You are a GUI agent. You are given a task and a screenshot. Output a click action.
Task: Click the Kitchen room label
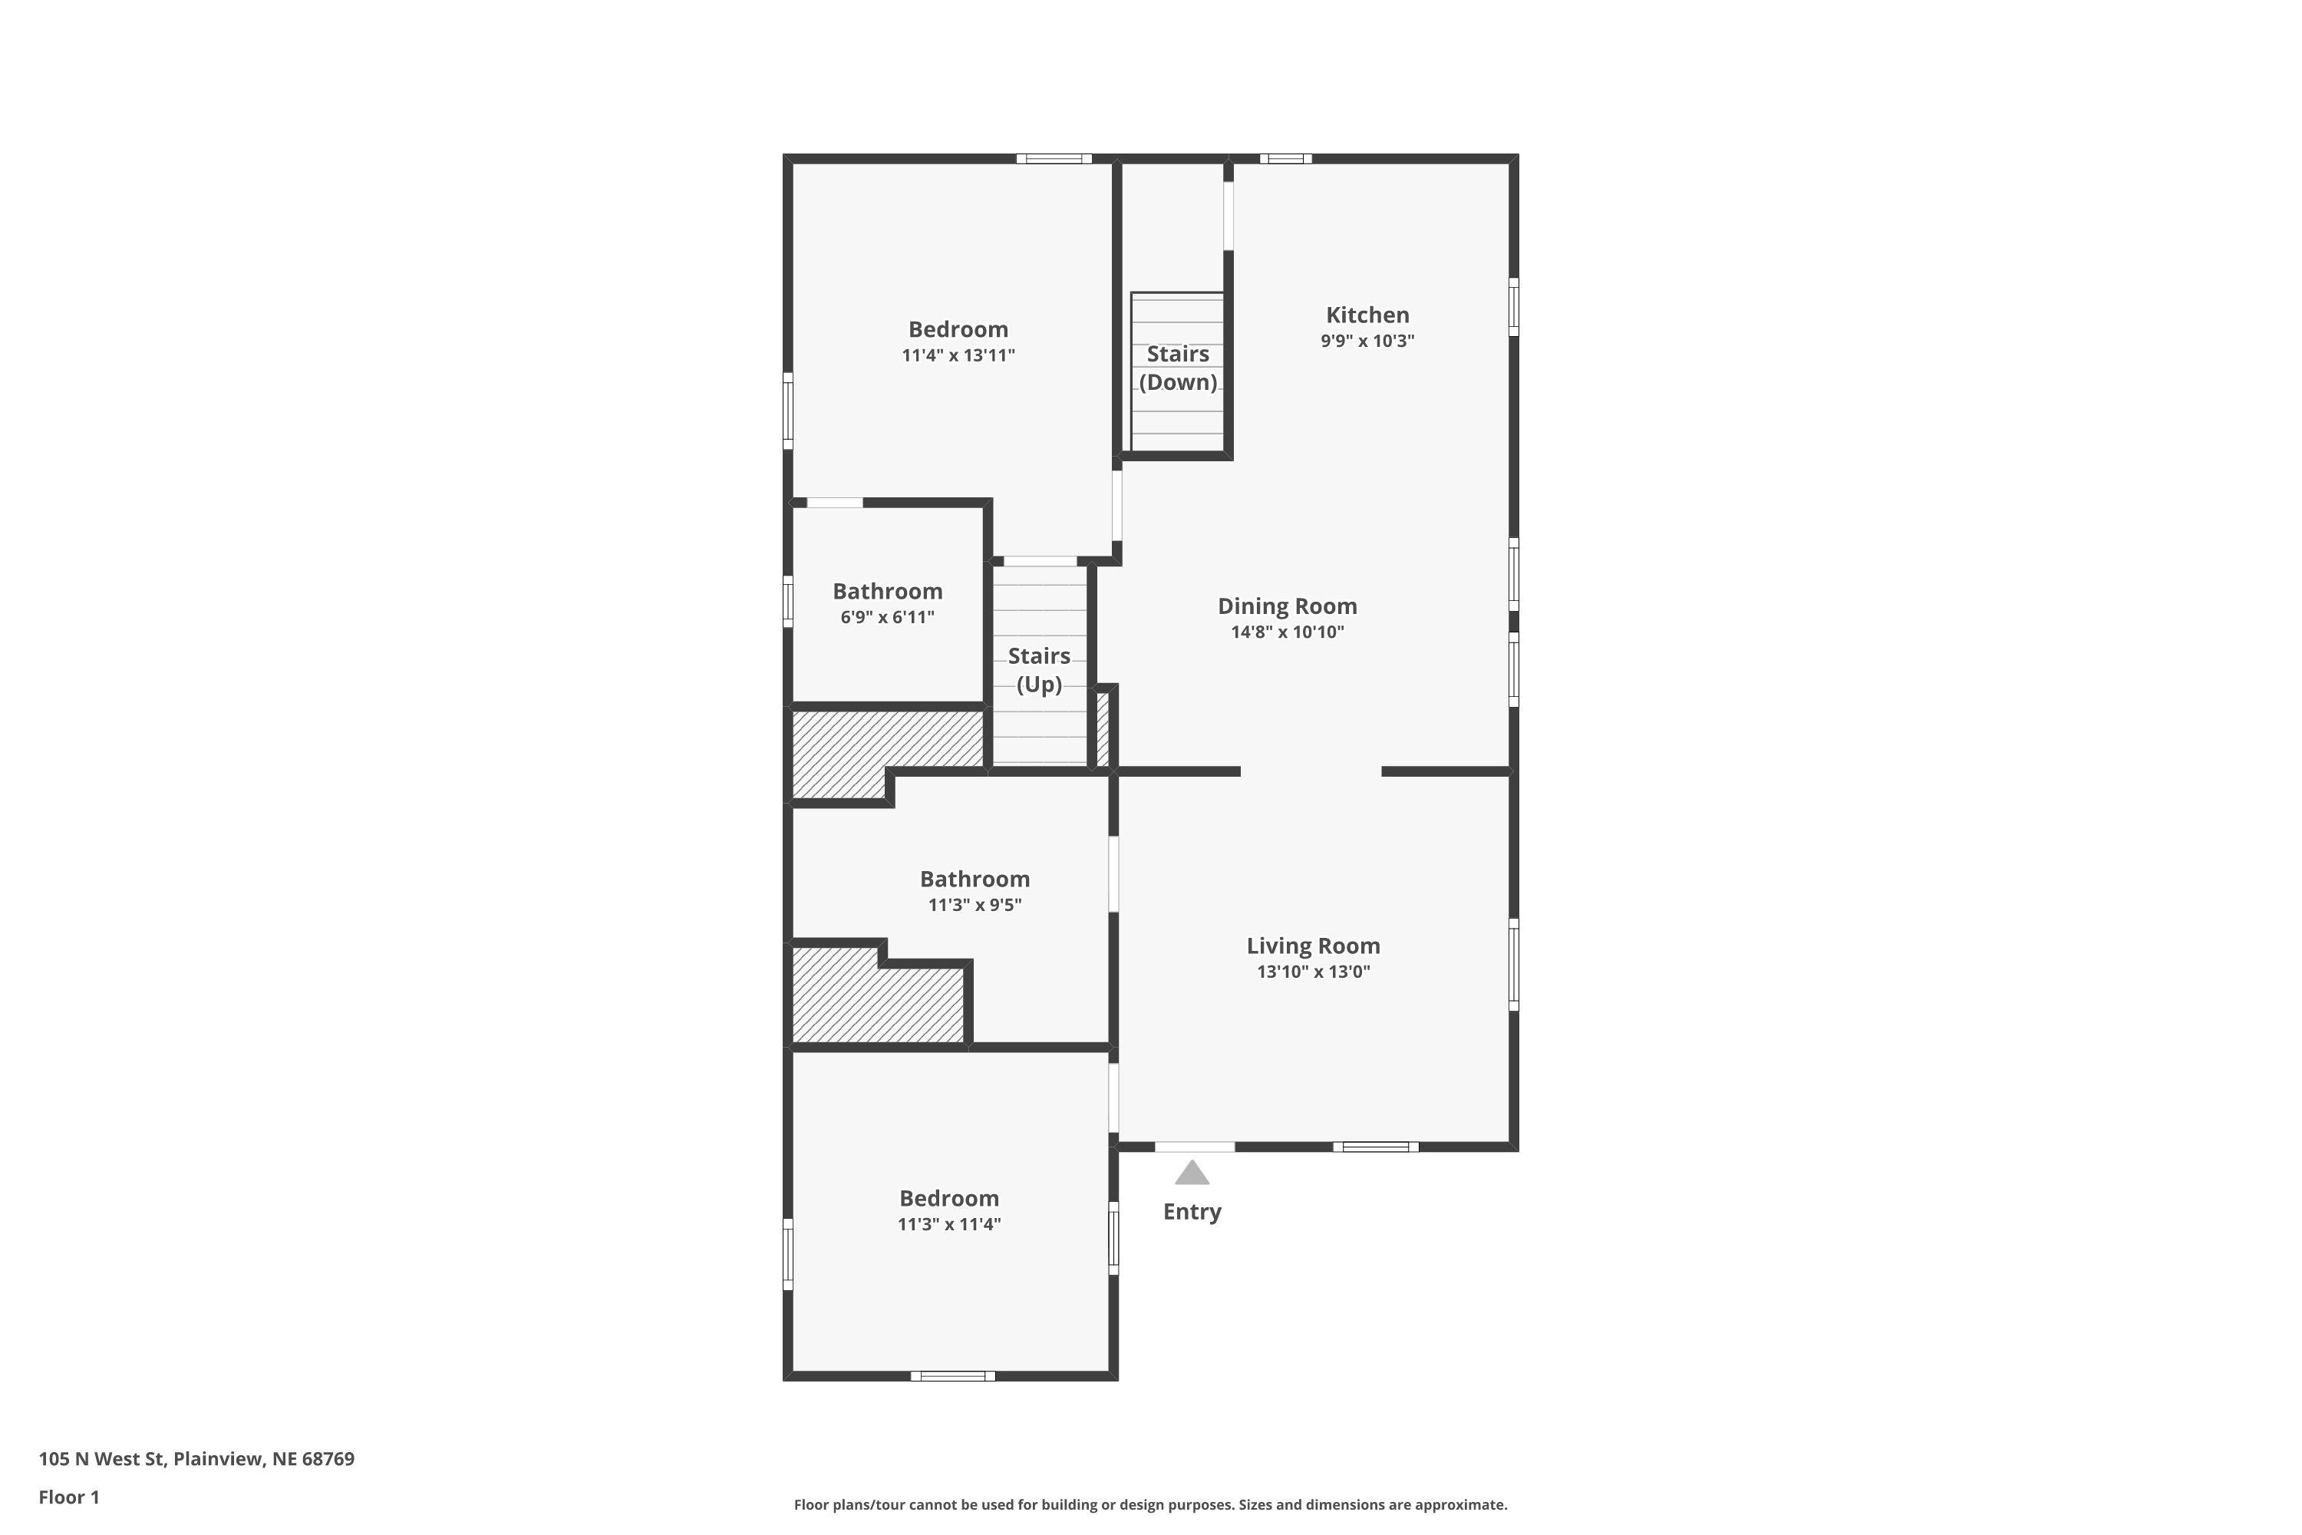[1367, 315]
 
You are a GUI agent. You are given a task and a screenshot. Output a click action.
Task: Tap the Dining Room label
[1286, 606]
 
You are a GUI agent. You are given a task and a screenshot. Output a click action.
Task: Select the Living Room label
[1312, 946]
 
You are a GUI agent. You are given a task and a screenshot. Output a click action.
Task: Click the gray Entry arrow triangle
[1191, 1173]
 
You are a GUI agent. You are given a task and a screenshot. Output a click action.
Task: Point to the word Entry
[1191, 1212]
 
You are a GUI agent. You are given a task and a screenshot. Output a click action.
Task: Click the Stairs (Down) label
[1177, 368]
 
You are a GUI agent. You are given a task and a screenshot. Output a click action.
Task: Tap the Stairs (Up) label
[1038, 669]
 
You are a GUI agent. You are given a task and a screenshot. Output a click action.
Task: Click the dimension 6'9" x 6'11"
[887, 617]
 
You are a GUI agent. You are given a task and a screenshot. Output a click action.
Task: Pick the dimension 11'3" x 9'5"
[974, 905]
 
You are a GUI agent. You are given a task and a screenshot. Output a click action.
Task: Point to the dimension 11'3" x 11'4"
[948, 1223]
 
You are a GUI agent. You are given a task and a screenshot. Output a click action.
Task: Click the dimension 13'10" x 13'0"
[1312, 971]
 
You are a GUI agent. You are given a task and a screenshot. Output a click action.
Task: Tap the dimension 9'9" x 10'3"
[1367, 341]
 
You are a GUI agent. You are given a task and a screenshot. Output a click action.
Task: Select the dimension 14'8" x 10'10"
[1286, 632]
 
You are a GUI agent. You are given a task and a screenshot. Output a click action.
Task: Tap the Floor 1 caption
[68, 1497]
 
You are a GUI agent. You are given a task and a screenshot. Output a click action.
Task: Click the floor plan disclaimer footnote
[1150, 1504]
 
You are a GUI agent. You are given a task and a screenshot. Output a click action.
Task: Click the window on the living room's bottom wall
[1374, 1147]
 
